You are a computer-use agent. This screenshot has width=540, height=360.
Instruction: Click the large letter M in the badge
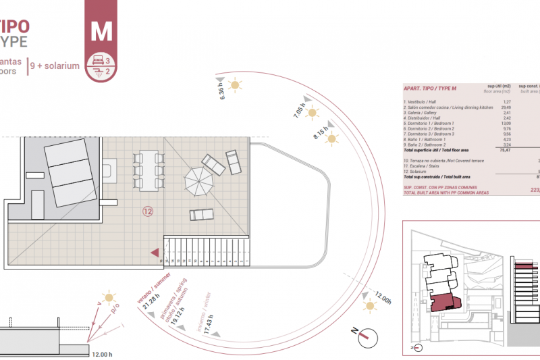coord(101,30)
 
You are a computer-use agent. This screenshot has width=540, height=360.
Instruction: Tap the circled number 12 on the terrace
coord(148,211)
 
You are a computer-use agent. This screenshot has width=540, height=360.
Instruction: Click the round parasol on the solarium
coord(199,181)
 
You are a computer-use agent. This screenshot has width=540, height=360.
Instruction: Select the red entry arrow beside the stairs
coord(155,252)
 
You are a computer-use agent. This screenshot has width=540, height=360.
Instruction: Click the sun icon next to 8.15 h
coord(331,139)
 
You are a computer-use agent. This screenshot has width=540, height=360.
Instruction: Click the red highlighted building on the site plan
coord(441,303)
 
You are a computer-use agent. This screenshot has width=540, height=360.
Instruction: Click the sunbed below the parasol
coord(202,215)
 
